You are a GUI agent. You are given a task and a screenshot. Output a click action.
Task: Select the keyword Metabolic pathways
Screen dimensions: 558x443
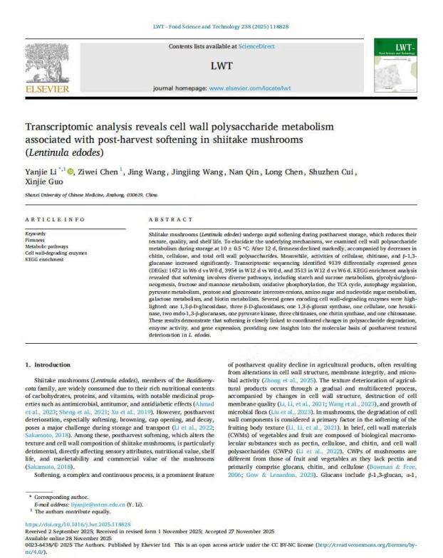(47, 246)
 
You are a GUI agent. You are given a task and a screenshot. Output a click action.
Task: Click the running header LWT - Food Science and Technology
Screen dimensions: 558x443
(221, 27)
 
